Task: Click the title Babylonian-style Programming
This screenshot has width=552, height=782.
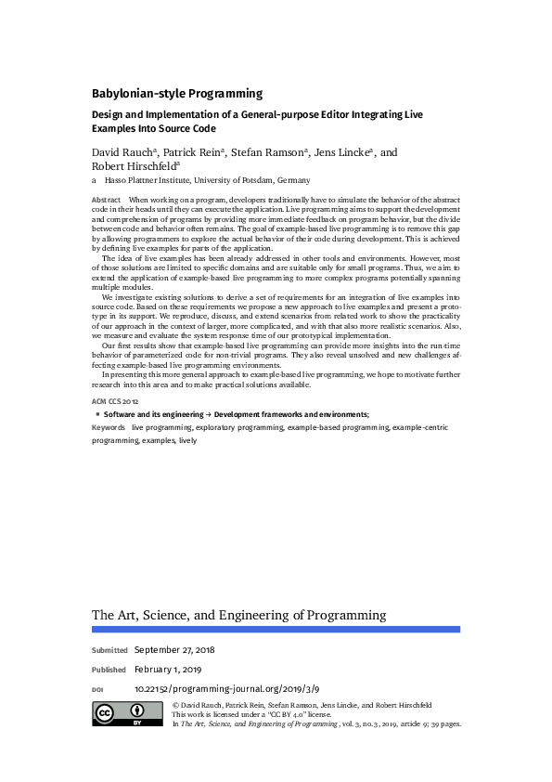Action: tap(176, 93)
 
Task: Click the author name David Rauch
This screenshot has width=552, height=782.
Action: tap(123, 152)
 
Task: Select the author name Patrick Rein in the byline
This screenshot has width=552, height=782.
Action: tap(193, 152)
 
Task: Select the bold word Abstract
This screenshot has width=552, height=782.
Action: tap(106, 201)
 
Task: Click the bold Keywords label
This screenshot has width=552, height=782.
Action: tap(109, 426)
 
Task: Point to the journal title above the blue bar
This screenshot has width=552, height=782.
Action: tap(238, 616)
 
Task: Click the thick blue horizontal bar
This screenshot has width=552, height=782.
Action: tap(276, 630)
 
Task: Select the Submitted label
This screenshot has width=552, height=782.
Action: tap(109, 650)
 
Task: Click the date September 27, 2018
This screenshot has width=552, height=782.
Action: tap(174, 649)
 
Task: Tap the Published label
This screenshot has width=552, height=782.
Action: tap(109, 670)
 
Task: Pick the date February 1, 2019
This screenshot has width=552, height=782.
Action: tap(168, 669)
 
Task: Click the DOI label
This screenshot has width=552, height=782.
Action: tap(97, 690)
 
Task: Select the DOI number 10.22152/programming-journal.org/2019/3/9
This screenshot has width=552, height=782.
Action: tap(226, 689)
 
